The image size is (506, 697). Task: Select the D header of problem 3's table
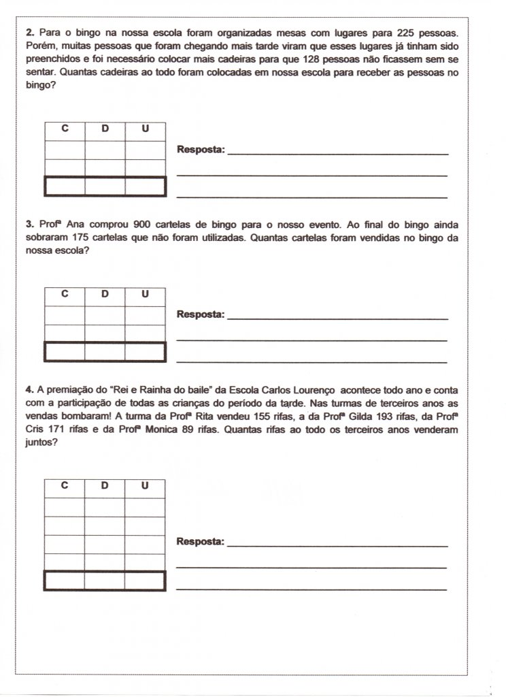[x=105, y=294]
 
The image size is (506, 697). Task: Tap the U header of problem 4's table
[x=145, y=486]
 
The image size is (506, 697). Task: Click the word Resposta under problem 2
[x=201, y=150]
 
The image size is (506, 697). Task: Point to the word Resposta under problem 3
[x=201, y=314]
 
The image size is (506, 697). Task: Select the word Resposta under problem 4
[x=201, y=542]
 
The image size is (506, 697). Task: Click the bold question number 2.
[x=28, y=33]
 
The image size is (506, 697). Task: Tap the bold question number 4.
[x=28, y=391]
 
